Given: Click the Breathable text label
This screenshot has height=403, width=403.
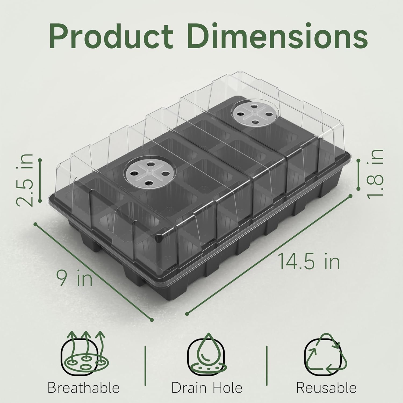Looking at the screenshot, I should point(84,388).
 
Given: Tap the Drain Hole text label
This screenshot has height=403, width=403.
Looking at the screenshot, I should point(207,388).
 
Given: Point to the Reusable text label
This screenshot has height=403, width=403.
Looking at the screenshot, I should point(326,388).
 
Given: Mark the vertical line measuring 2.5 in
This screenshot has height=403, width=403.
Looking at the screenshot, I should point(40,180).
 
